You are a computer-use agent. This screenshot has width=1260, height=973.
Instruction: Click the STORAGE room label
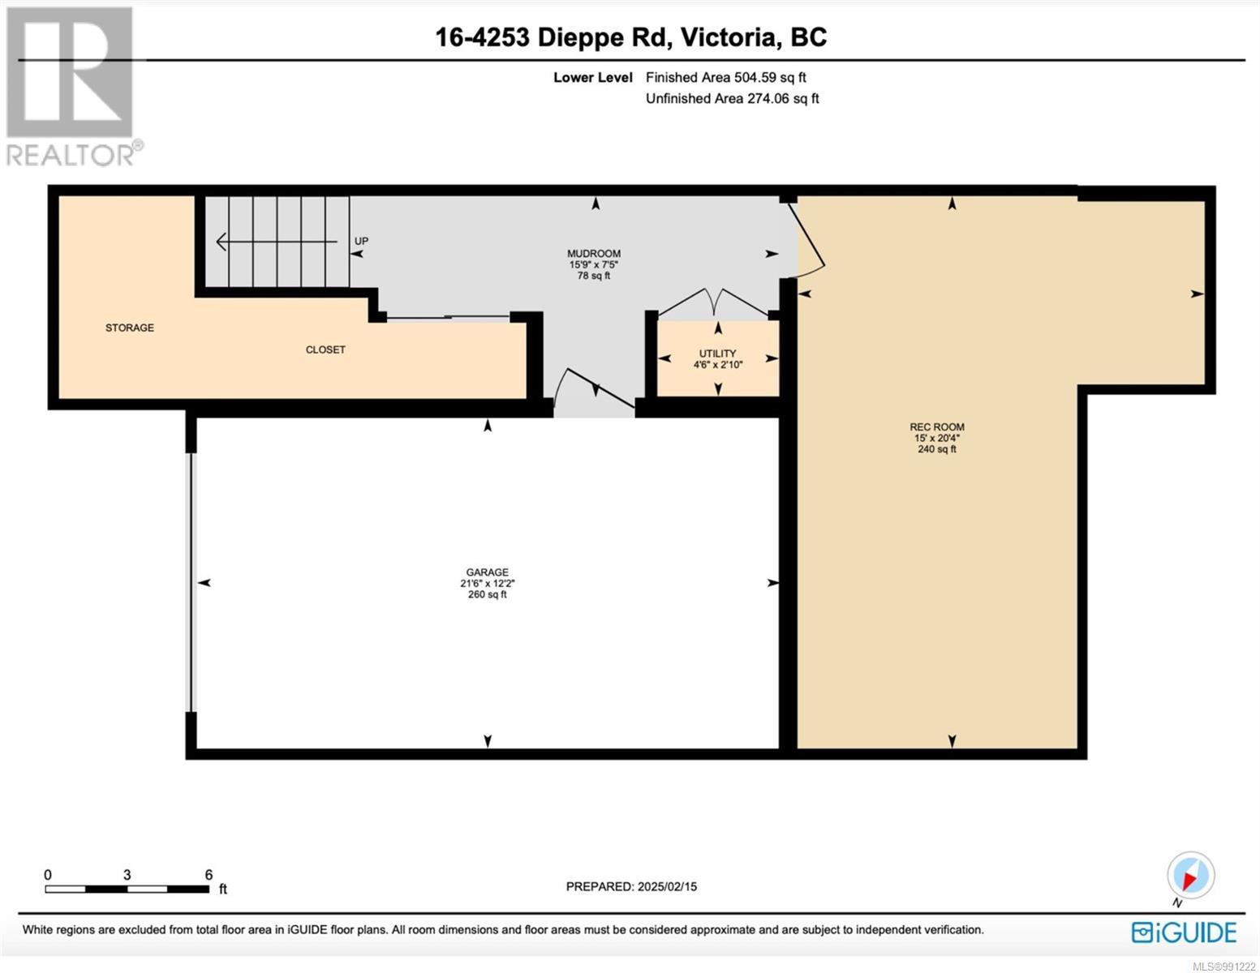[x=129, y=328]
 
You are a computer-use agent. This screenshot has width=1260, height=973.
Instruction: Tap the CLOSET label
[x=325, y=349]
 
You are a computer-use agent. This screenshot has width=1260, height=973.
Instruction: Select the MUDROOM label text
[x=594, y=253]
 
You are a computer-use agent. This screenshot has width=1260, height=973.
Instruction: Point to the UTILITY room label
[x=717, y=353]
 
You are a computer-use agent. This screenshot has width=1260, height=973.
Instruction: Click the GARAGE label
[x=487, y=572]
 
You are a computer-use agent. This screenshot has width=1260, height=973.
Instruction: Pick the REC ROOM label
[x=937, y=427]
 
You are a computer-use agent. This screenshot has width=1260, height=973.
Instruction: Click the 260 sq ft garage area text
[x=487, y=594]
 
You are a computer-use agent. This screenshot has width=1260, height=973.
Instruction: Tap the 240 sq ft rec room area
[x=937, y=449]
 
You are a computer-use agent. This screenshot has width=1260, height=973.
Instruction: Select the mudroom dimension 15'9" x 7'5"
[x=594, y=264]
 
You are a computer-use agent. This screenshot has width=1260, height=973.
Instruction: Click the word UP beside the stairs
[x=361, y=241]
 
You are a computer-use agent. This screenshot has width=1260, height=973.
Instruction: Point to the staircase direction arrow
[x=277, y=242]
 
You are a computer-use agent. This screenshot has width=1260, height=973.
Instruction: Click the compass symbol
[x=1190, y=876]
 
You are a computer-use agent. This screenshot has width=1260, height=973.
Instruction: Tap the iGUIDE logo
[x=1184, y=932]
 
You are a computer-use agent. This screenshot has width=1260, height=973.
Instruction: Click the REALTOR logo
[x=72, y=87]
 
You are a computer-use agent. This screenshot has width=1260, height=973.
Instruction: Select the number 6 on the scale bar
[x=209, y=874]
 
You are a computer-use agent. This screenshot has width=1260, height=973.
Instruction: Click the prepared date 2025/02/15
[x=668, y=887]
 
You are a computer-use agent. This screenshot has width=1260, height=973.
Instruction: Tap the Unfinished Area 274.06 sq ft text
[x=733, y=99]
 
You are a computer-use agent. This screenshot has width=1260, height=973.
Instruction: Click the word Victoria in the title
[x=728, y=37]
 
